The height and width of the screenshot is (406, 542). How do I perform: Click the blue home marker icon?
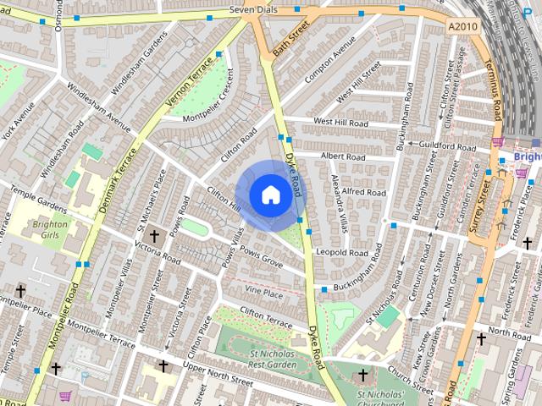[270, 195]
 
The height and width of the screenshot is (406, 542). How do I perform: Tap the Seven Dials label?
[255, 10]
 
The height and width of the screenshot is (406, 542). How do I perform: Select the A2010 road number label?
[462, 26]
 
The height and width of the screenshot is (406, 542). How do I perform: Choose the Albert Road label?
[342, 156]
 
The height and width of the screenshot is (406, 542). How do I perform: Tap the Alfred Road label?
[362, 192]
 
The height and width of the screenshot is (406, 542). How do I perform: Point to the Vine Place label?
[263, 293]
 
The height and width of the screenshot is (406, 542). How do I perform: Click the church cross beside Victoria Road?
[154, 236]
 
